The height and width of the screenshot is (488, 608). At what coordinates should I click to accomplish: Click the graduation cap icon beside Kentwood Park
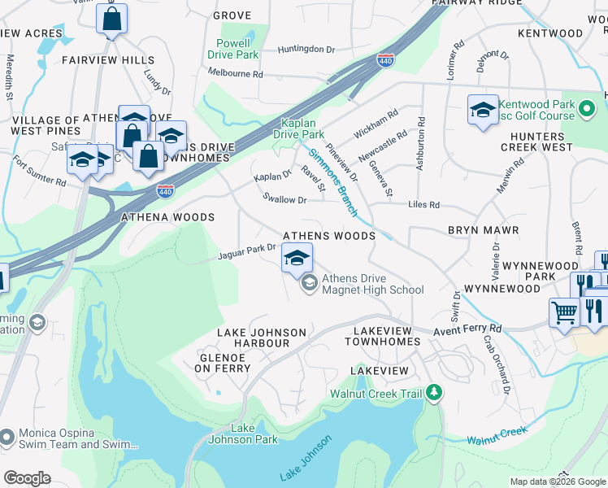(483, 110)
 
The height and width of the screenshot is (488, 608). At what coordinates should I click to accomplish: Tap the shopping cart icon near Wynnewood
(564, 312)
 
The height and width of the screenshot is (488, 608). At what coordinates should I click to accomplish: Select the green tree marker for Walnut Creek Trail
(435, 394)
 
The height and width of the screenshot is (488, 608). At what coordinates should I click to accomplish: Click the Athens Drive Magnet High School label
(372, 284)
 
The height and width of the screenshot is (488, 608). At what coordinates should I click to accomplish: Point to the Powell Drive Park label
(238, 49)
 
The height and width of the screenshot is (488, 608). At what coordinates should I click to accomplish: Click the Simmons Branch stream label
(332, 181)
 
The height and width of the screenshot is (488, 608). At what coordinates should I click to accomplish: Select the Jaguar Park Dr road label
(247, 255)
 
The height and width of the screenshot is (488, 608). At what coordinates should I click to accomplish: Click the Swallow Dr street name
(284, 199)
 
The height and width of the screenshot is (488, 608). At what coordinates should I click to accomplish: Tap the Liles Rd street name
(423, 205)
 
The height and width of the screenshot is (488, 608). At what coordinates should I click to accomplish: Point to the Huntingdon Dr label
(306, 50)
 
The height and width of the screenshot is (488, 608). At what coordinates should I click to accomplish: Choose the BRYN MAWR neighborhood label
(483, 230)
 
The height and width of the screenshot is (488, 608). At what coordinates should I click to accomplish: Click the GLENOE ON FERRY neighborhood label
(222, 362)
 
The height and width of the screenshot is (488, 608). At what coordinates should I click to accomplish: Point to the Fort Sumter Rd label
(39, 170)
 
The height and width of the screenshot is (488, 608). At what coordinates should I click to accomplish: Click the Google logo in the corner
(27, 478)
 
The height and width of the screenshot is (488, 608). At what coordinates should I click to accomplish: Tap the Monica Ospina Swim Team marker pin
(7, 438)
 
